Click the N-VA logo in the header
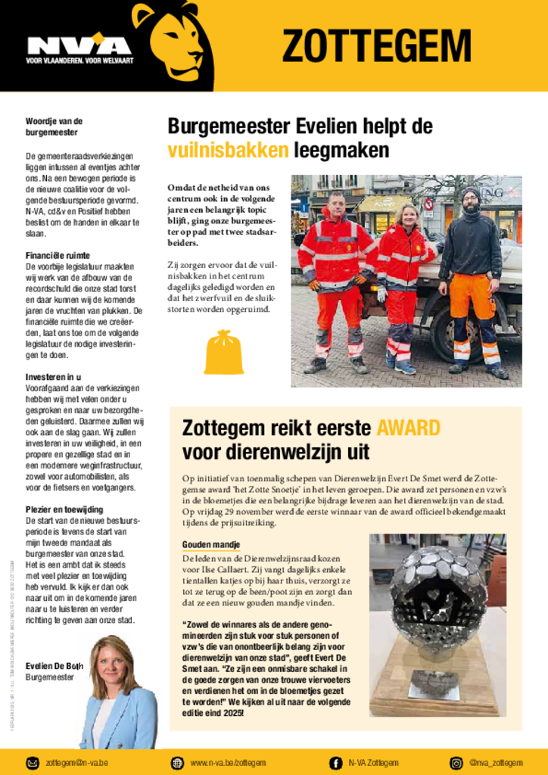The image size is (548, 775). [79, 47]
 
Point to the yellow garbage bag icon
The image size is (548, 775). [223, 352]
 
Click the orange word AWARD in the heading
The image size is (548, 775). [408, 428]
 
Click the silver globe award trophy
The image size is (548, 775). [437, 598]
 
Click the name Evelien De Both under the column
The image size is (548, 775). [54, 665]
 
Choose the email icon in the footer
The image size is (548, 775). [33, 762]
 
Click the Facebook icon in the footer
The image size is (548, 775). [335, 762]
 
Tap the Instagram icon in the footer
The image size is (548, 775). [456, 762]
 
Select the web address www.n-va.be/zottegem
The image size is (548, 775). [228, 762]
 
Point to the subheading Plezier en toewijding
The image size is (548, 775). [64, 509]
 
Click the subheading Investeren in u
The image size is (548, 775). [54, 377]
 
